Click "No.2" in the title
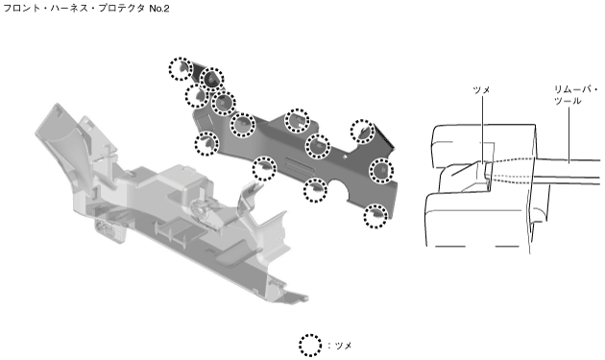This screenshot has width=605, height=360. [x=159, y=8]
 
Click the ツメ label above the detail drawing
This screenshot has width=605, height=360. [x=481, y=90]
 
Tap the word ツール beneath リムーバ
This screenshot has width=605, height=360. [x=568, y=101]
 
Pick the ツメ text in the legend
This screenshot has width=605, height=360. [x=343, y=346]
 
